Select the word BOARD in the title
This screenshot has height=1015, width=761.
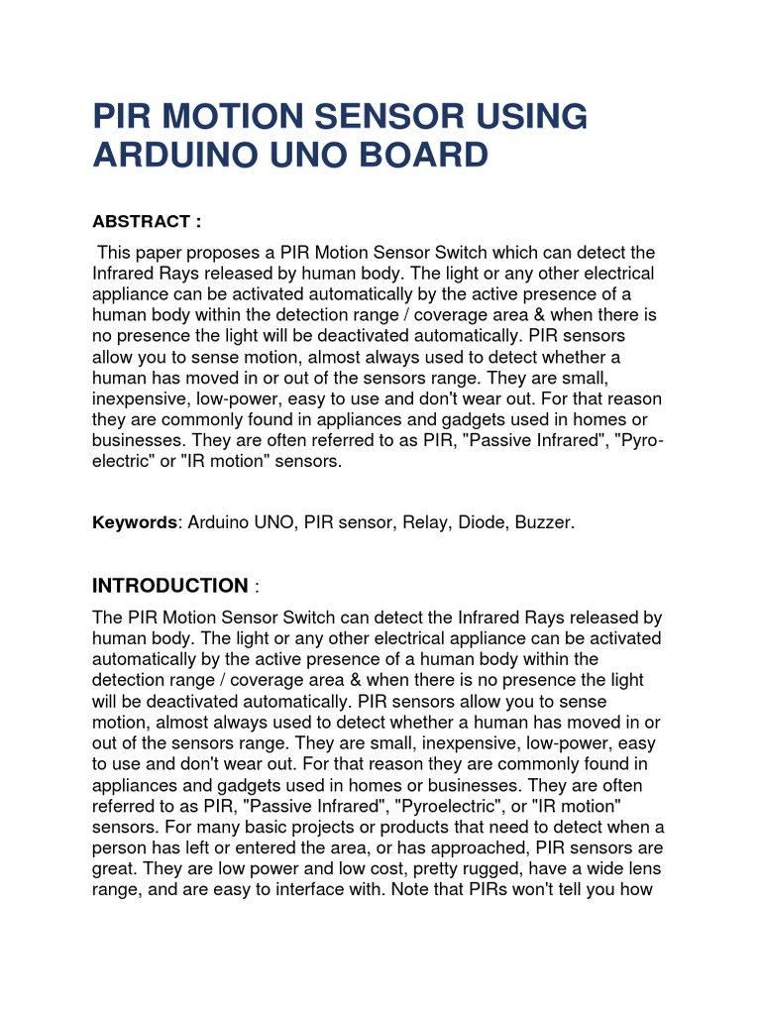click(422, 156)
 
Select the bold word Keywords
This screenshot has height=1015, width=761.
click(134, 522)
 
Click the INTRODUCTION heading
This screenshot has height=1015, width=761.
click(169, 586)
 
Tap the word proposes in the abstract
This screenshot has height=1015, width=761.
click(218, 253)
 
